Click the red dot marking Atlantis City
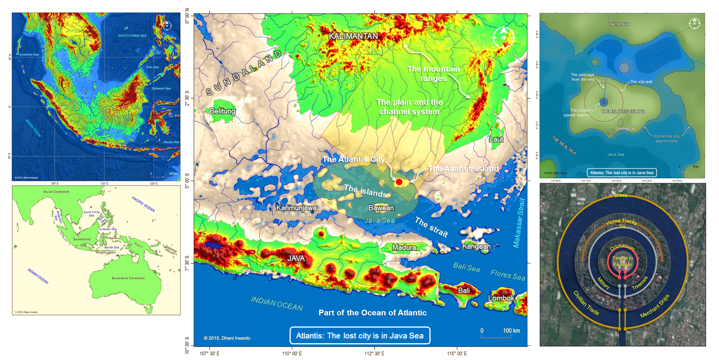[x=399, y=182]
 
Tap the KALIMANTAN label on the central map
[x=353, y=36]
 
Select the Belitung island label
[x=223, y=111]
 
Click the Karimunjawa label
[x=296, y=208]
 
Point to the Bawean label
[x=381, y=208]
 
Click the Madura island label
[x=404, y=248]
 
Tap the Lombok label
[x=501, y=298]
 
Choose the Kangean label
[x=476, y=246]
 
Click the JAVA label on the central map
[x=296, y=258]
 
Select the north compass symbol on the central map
[x=503, y=37]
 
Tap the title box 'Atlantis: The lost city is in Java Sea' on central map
[x=360, y=336]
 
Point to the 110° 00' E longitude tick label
[x=292, y=354]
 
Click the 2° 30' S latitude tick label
[x=187, y=98]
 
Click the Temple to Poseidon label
[x=622, y=261]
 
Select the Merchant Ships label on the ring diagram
[x=655, y=306]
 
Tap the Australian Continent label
[x=128, y=278]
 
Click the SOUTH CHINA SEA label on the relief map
[x=132, y=35]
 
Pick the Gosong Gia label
[x=625, y=128]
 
